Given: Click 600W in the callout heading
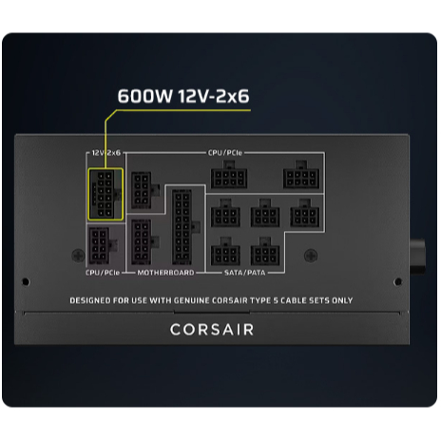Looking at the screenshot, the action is [x=145, y=96].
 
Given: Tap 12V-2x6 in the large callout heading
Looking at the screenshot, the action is [x=214, y=96].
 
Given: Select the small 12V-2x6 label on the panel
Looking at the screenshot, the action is [x=106, y=153].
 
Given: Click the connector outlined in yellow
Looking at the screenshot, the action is [x=105, y=194].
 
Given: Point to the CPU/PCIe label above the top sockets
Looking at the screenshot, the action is [x=225, y=153].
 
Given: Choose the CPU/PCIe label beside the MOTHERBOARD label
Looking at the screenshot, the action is [x=103, y=273].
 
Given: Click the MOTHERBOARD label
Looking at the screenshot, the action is [x=165, y=273].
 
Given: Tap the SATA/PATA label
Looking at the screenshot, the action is [x=245, y=273].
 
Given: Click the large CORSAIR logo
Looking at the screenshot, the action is [x=212, y=330].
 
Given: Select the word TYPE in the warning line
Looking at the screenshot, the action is [x=261, y=300].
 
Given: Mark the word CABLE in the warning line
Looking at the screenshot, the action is [x=294, y=300].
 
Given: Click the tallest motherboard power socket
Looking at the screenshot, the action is [x=182, y=227].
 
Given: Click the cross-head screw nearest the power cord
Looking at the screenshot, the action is [x=311, y=256].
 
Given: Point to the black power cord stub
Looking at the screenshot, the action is [x=417, y=258].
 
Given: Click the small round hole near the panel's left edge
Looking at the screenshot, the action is [x=26, y=281].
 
